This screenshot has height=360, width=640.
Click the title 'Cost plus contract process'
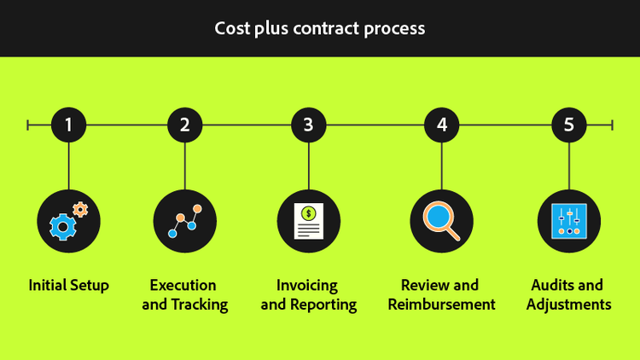pyautogui.click(x=319, y=28)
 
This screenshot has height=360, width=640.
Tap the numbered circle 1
pyautogui.click(x=68, y=125)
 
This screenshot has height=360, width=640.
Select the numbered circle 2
pyautogui.click(x=184, y=125)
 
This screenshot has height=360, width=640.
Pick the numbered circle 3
pyautogui.click(x=308, y=125)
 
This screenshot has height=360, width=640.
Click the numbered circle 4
pyautogui.click(x=441, y=125)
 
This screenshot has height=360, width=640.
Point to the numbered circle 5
pyautogui.click(x=568, y=125)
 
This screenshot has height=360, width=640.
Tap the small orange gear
pyautogui.click(x=80, y=208)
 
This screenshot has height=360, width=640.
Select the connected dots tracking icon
pyautogui.click(x=184, y=221)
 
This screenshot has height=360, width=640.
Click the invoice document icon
pyautogui.click(x=308, y=221)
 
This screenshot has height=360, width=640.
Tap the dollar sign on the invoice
pyautogui.click(x=308, y=211)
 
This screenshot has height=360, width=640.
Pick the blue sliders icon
pyautogui.click(x=568, y=221)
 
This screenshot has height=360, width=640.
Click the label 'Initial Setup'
pyautogui.click(x=68, y=285)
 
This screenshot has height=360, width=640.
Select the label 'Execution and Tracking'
pyautogui.click(x=184, y=294)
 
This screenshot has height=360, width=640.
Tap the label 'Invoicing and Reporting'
pyautogui.click(x=308, y=294)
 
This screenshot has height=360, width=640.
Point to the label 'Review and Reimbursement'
pyautogui.click(x=441, y=294)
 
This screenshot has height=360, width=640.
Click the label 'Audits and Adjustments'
pyautogui.click(x=568, y=294)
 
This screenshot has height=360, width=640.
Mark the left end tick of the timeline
pyautogui.click(x=28, y=125)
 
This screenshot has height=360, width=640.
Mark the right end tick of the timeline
pyautogui.click(x=612, y=125)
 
